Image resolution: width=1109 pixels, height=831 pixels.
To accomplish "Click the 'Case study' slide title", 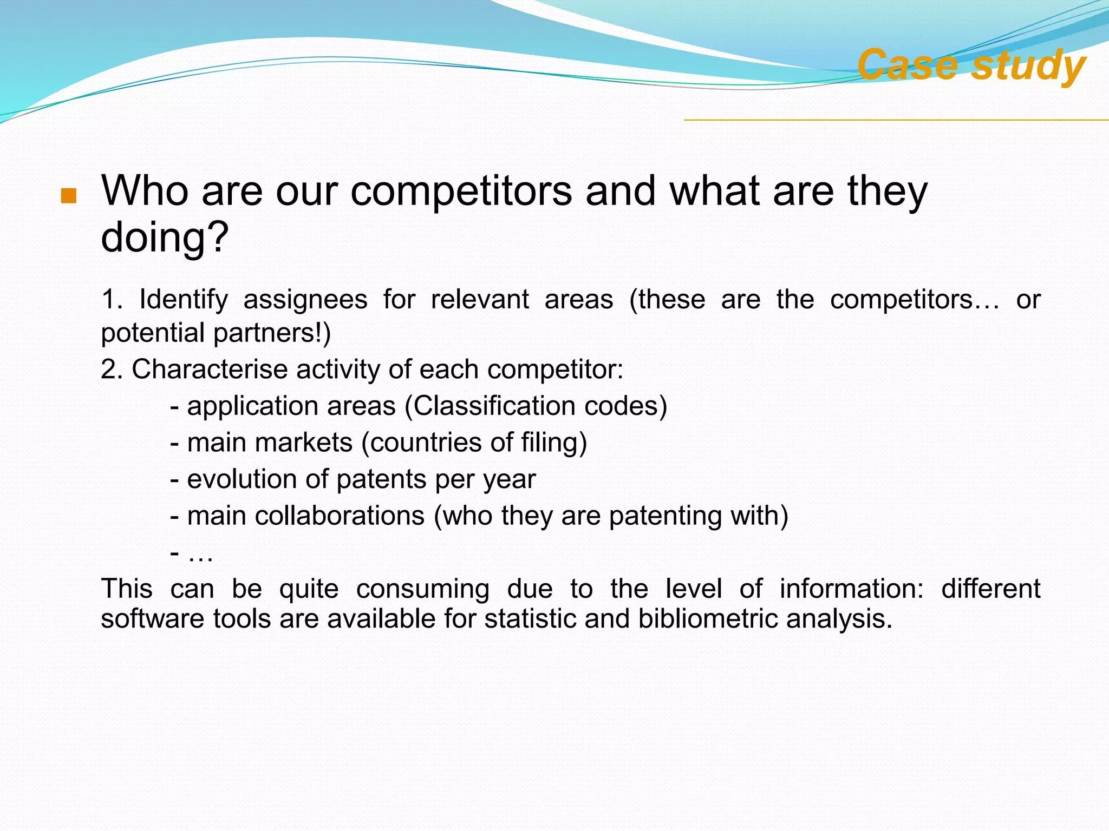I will tap(971, 65).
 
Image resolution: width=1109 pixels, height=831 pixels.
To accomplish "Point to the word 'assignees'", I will tap(305, 299).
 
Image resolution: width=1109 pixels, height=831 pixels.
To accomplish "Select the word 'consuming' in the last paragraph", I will tap(422, 588).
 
